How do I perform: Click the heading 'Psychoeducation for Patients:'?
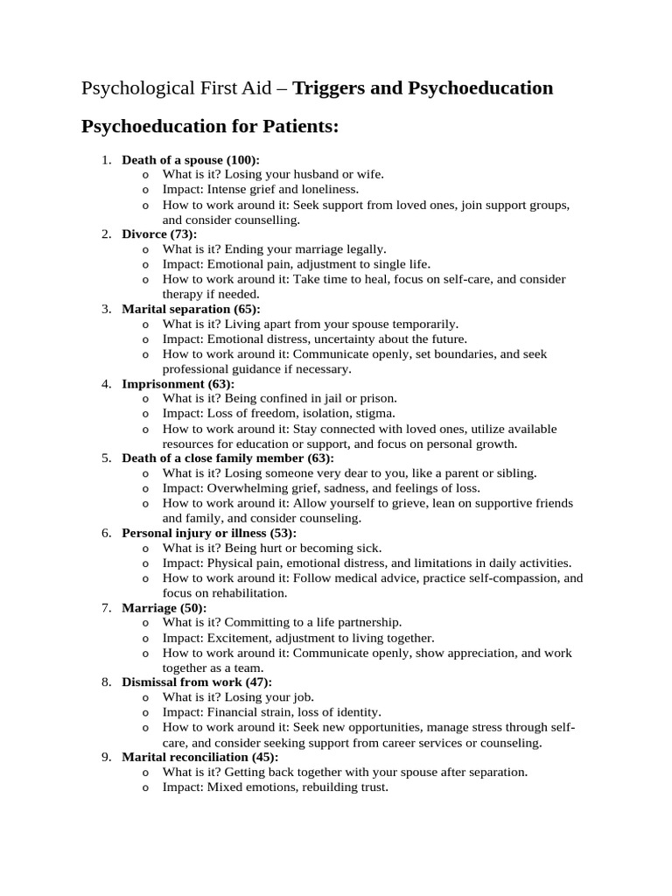209,127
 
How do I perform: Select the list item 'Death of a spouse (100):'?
190,160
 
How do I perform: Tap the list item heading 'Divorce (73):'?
159,234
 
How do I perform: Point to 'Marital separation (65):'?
190,309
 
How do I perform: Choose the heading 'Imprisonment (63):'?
178,384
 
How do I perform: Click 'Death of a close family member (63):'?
227,458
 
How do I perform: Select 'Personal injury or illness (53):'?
208,533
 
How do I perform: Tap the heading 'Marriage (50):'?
164,607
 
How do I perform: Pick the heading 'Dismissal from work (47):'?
196,682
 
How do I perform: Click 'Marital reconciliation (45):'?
199,757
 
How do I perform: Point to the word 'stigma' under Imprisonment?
374,413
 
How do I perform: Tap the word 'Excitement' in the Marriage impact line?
237,638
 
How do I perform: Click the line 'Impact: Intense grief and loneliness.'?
260,189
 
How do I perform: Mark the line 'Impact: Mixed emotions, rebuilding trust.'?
275,787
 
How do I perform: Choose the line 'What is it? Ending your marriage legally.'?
274,249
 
